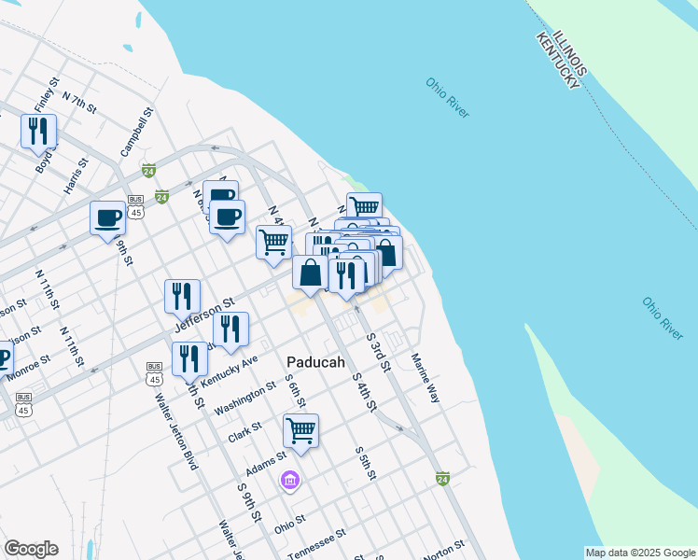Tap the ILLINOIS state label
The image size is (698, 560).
(569, 53)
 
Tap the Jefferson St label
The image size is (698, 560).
(204, 317)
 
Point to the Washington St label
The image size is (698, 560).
(244, 397)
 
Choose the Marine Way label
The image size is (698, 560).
(426, 377)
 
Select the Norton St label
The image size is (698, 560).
(443, 550)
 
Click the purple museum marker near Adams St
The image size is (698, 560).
(290, 481)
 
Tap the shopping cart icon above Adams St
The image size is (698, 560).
(300, 431)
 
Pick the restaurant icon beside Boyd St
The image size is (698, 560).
(38, 132)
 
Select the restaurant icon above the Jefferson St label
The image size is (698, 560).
(182, 296)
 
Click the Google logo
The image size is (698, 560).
(31, 549)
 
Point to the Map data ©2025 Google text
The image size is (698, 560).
(640, 553)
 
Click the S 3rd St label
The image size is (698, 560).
(377, 351)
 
